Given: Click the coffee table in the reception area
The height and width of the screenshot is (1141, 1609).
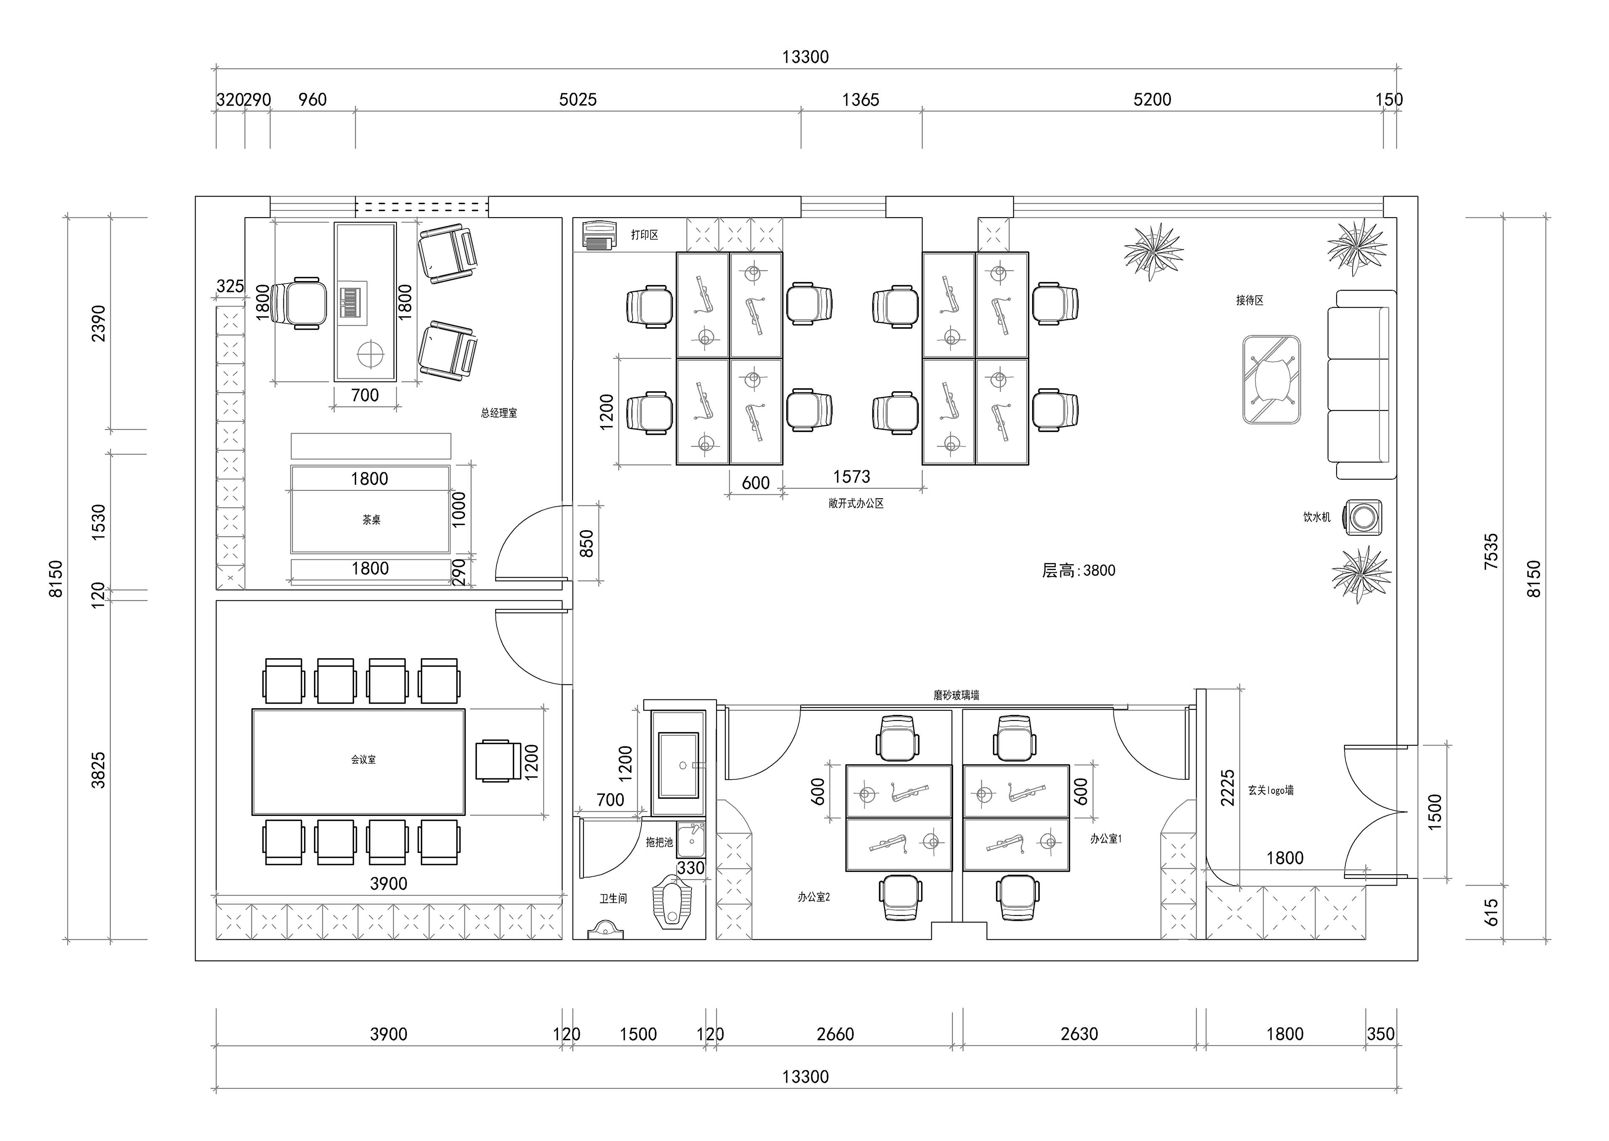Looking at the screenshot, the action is [x=1271, y=379].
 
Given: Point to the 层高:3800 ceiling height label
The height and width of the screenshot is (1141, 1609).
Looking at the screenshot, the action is [x=1078, y=570].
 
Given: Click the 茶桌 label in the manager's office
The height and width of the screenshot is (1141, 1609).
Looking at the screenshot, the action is [x=371, y=520].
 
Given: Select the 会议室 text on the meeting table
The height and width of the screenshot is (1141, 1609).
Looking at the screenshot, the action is [x=363, y=760].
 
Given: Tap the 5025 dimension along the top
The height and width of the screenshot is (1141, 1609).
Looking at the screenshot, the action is [x=578, y=100].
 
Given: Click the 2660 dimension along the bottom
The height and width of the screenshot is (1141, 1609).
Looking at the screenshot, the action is [x=835, y=1034].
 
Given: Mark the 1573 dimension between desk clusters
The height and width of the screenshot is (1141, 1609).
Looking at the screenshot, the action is [x=851, y=477].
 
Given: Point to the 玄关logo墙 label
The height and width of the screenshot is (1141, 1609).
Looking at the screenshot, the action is [x=1271, y=790].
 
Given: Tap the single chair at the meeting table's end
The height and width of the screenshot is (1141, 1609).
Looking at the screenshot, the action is [x=498, y=760].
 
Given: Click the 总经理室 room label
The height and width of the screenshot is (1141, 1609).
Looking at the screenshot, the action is [x=499, y=413].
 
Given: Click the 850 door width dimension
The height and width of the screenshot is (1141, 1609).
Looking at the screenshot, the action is [x=586, y=544].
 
